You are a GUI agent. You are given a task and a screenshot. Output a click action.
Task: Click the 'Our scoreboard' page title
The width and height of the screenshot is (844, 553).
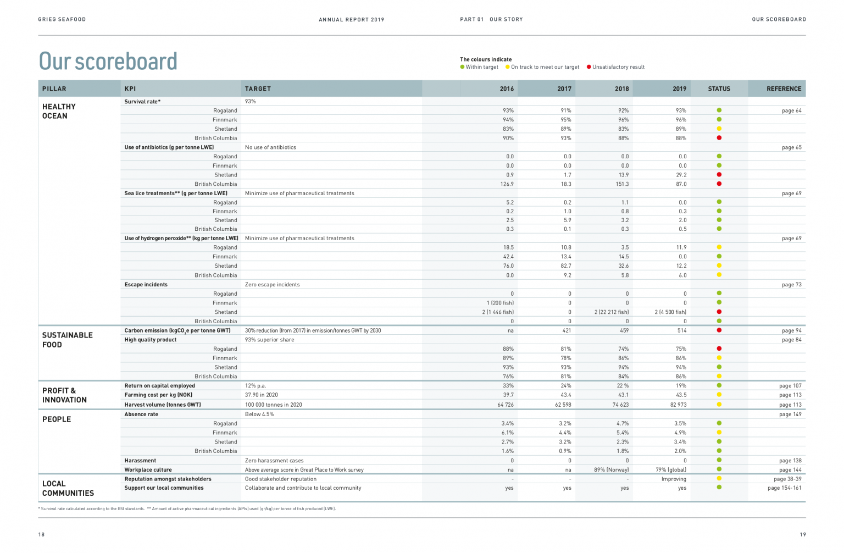pyautogui.click(x=108, y=61)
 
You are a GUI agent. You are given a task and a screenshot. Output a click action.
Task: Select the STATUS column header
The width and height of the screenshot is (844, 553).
pyautogui.click(x=719, y=89)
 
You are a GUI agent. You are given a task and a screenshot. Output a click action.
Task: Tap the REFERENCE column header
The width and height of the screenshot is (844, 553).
pyautogui.click(x=784, y=89)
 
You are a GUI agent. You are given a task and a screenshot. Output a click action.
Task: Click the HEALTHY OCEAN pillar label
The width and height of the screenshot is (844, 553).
pyautogui.click(x=59, y=111)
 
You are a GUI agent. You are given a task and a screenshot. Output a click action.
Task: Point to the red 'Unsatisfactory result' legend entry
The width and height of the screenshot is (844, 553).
pyautogui.click(x=615, y=67)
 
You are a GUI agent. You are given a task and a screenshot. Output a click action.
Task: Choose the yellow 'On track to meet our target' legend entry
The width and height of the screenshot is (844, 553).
pyautogui.click(x=542, y=67)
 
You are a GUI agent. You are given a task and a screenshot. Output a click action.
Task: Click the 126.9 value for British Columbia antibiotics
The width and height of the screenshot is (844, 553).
pyautogui.click(x=507, y=184)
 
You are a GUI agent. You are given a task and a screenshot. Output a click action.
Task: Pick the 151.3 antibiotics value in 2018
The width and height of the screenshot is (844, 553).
pyautogui.click(x=622, y=184)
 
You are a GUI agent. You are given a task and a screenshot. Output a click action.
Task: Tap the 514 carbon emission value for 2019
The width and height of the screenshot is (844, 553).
pyautogui.click(x=681, y=331)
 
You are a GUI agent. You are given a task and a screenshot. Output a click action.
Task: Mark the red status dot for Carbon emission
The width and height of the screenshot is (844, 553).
pyautogui.click(x=719, y=330)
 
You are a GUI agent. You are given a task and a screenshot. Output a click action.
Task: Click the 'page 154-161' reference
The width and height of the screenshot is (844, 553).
pyautogui.click(x=784, y=488)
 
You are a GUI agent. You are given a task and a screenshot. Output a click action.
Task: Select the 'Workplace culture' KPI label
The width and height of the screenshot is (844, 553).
pyautogui.click(x=148, y=470)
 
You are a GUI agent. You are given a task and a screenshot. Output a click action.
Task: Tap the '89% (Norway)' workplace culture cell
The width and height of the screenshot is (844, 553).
pyautogui.click(x=611, y=470)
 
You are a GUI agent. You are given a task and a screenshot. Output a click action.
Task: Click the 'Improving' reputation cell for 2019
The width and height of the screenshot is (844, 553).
pyautogui.click(x=674, y=479)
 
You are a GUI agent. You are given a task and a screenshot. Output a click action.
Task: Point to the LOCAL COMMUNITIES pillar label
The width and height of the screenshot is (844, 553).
pyautogui.click(x=68, y=488)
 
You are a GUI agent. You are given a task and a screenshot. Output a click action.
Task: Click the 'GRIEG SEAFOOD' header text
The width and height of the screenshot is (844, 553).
pyautogui.click(x=62, y=20)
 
